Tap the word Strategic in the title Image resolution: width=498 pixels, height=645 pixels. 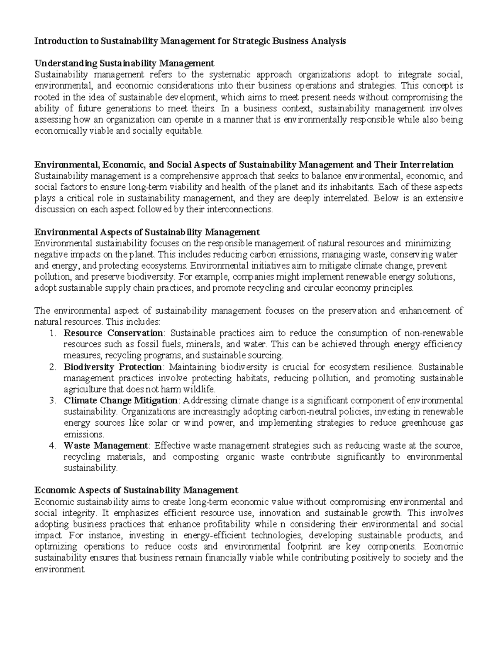(x=250, y=41)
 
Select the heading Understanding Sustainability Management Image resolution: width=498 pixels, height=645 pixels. (x=124, y=64)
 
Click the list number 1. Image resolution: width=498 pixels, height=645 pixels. (x=52, y=333)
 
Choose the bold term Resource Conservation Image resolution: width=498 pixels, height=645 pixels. (x=113, y=333)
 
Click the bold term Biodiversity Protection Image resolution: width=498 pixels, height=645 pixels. (x=113, y=367)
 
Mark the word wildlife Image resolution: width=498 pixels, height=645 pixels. (x=200, y=390)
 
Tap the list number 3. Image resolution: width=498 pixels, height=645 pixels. (x=52, y=401)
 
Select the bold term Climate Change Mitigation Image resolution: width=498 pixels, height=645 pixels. (x=121, y=401)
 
